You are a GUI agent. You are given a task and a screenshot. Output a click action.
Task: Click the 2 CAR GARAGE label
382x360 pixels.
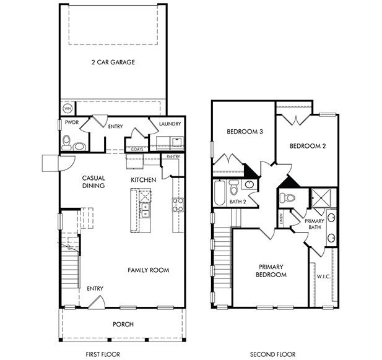pyautogui.click(x=113, y=62)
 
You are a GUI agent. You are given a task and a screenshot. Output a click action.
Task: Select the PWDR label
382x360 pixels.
pyautogui.click(x=71, y=123)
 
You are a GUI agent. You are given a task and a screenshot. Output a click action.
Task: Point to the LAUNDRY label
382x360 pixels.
pyautogui.click(x=170, y=124)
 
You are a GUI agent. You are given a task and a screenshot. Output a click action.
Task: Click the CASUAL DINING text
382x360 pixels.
pyautogui.click(x=93, y=182)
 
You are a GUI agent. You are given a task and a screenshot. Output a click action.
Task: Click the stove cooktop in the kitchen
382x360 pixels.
pyautogui.click(x=178, y=205)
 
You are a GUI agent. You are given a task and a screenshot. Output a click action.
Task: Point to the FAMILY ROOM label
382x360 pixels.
pyautogui.click(x=149, y=270)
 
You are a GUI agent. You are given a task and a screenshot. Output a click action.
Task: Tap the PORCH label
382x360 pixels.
pyautogui.click(x=123, y=324)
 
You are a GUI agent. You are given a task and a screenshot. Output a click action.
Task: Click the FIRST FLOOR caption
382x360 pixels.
pyautogui.click(x=103, y=354)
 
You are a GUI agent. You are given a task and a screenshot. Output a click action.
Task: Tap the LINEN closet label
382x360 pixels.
pyautogui.click(x=280, y=218)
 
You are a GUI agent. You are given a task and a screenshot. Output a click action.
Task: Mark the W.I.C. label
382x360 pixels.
pyautogui.click(x=323, y=276)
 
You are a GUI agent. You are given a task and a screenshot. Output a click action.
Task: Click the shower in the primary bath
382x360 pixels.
pyautogui.click(x=323, y=198)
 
